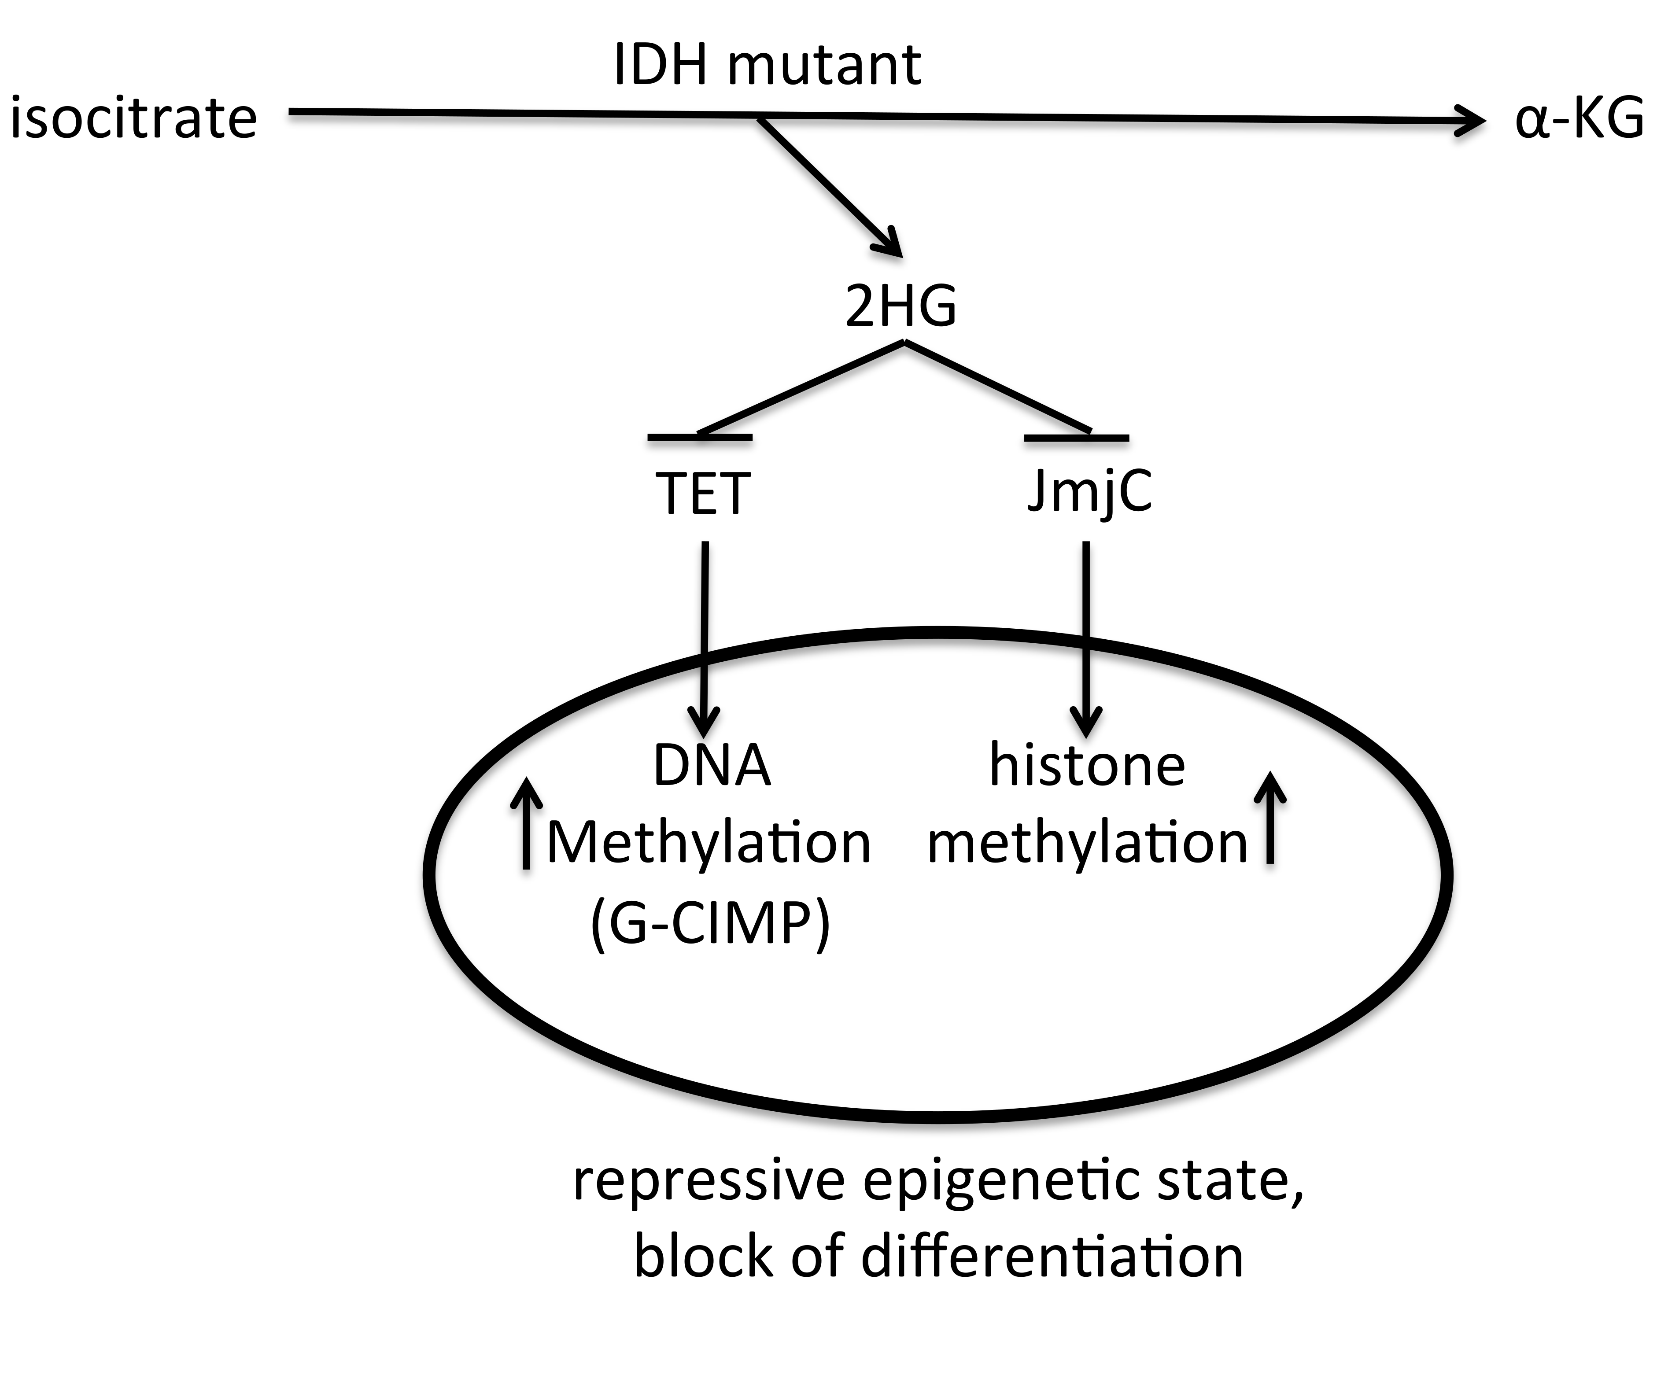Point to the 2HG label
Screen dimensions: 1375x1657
[x=900, y=306]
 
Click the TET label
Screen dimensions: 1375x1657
[x=701, y=494]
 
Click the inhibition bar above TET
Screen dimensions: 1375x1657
[x=700, y=436]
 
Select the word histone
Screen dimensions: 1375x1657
[x=1087, y=766]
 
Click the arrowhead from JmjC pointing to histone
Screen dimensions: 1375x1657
[x=1086, y=720]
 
